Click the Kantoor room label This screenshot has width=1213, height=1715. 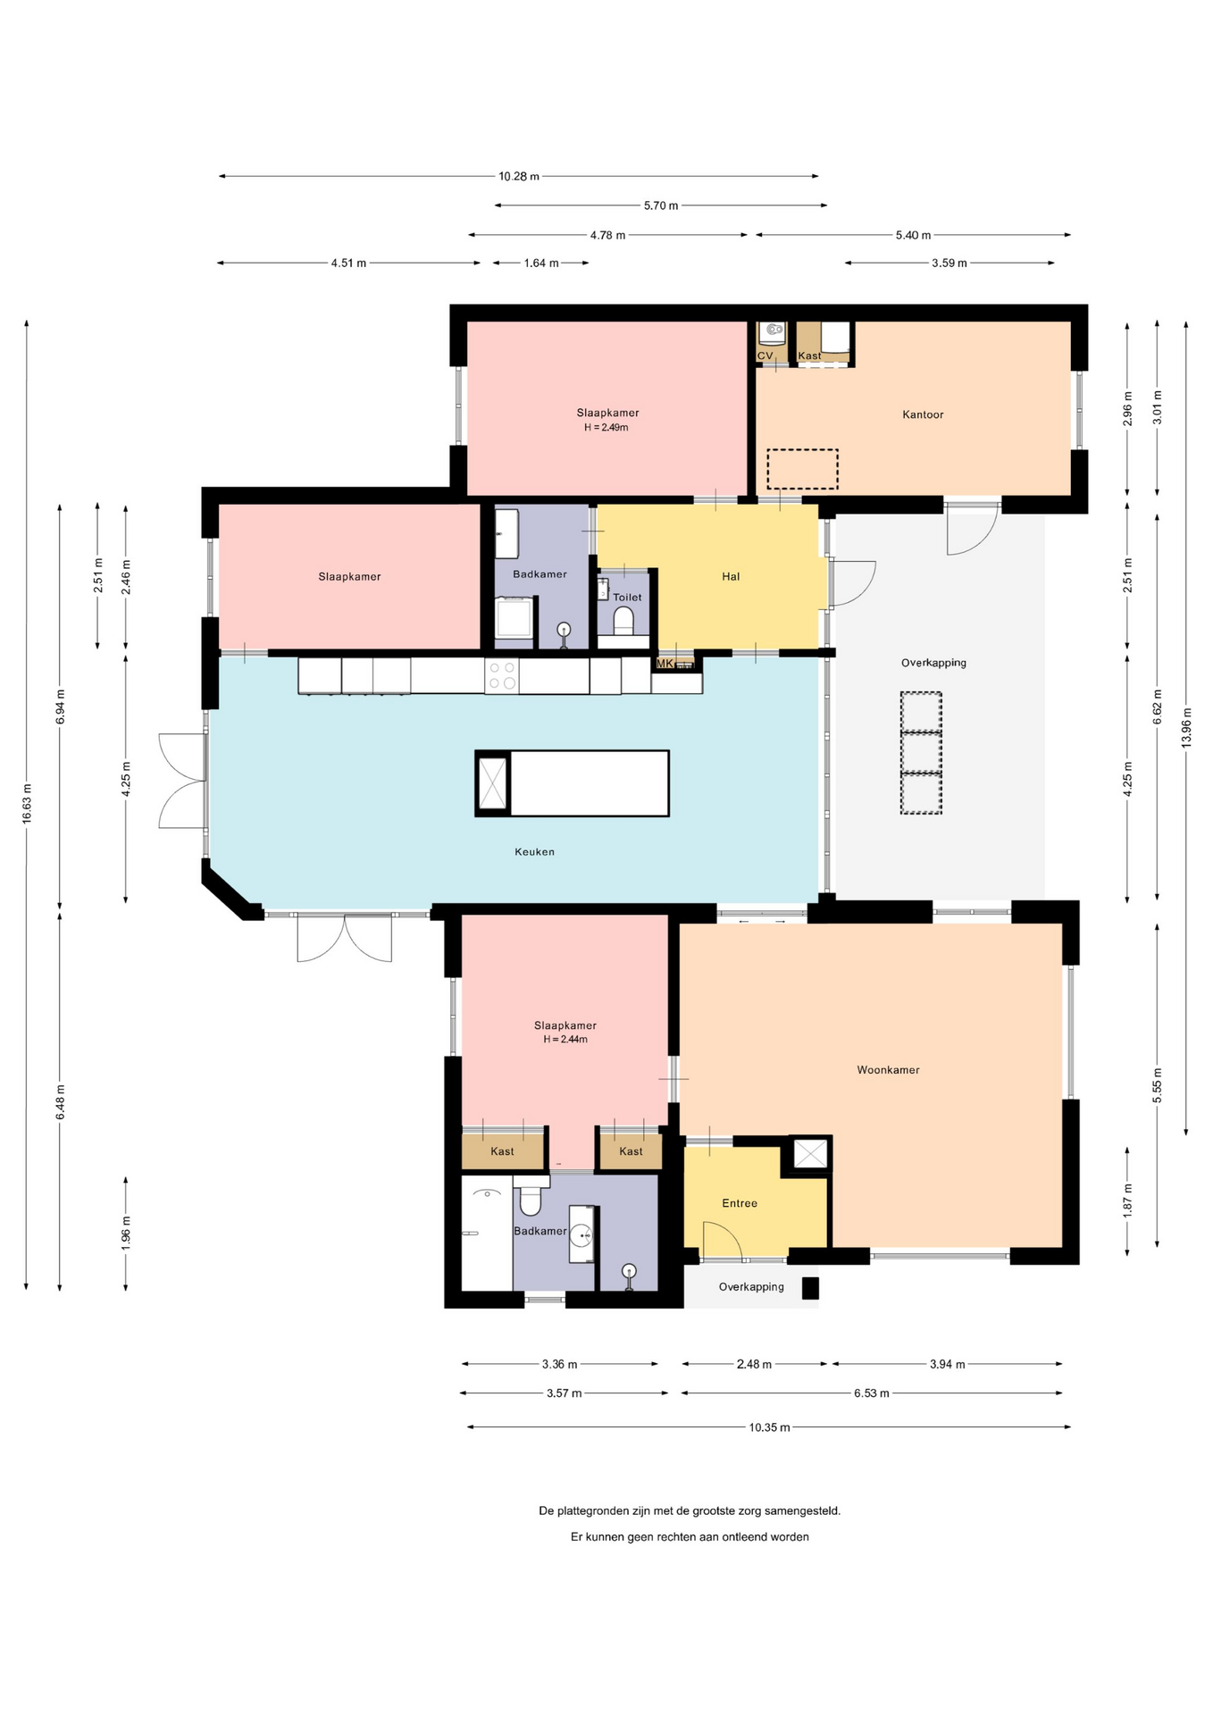923,414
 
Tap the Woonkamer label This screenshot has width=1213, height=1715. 888,1070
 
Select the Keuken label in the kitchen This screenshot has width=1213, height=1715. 534,852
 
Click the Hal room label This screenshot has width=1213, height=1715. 731,577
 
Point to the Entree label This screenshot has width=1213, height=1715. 740,1204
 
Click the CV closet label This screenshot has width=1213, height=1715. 765,356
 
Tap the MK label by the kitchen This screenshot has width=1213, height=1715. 665,664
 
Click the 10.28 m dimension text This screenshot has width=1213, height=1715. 519,177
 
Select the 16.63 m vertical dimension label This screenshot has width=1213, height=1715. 27,803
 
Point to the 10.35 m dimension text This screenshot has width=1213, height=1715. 769,1427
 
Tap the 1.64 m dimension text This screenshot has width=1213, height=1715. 541,264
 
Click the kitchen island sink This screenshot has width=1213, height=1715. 492,783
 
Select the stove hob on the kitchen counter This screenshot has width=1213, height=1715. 502,675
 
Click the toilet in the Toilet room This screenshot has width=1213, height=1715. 623,619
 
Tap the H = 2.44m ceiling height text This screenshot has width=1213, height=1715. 565,1040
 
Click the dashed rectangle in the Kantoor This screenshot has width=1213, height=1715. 802,469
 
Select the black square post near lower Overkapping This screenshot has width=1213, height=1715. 810,1288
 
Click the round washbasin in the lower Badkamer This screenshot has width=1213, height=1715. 582,1235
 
